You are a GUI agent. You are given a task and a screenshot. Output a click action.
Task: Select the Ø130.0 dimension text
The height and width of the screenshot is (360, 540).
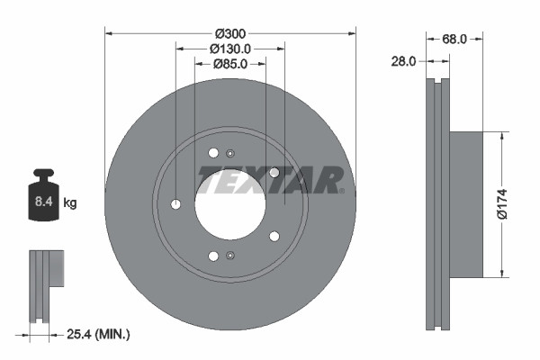231,49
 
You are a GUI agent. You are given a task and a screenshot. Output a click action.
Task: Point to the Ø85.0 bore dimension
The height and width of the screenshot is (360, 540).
231,64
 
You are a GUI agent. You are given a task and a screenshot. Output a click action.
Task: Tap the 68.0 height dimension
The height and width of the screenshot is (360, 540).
454,39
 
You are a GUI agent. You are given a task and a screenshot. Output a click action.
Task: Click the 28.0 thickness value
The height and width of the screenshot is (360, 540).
402,61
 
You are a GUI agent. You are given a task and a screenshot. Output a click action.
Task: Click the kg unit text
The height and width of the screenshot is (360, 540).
70,203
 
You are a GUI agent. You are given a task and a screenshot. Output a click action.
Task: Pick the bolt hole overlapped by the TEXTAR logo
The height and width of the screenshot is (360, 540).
274,173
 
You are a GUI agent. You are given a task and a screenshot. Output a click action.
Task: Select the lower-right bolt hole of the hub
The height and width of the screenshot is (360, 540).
274,236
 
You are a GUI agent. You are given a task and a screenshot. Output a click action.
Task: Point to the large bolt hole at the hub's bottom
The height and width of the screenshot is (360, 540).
213,256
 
